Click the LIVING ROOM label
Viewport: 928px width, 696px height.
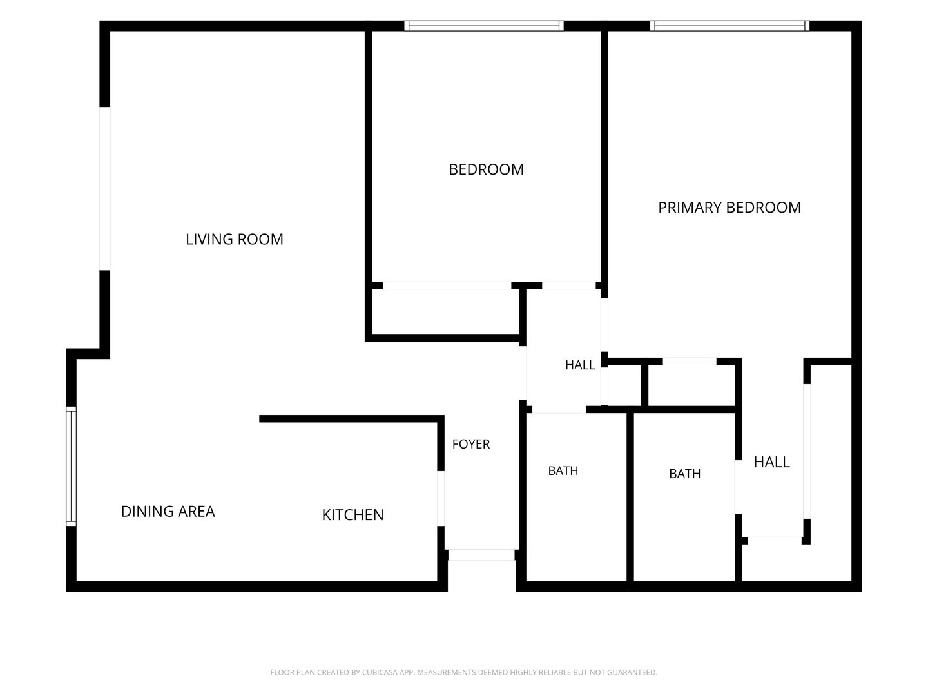tap(234, 239)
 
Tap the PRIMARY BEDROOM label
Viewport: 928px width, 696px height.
tap(730, 208)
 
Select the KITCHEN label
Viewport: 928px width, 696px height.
tap(353, 515)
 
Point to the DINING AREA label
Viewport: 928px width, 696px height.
tap(168, 511)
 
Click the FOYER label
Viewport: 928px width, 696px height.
tap(471, 444)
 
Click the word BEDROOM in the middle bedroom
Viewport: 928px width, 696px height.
tap(486, 169)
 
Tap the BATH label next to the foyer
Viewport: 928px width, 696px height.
tap(563, 470)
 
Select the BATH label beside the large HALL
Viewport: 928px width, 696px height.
tap(685, 474)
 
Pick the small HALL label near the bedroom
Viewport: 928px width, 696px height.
tap(580, 365)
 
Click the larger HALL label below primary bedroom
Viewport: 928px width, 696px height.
tap(771, 462)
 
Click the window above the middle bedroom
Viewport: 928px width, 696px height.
tap(484, 26)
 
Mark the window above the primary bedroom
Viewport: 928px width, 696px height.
tap(730, 26)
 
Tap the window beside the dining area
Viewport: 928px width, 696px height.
tap(71, 467)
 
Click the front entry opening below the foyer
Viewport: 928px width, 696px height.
tap(481, 555)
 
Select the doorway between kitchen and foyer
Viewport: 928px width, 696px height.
tap(441, 498)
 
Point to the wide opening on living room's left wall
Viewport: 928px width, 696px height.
tap(105, 188)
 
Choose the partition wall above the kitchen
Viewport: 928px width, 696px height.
tap(352, 419)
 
